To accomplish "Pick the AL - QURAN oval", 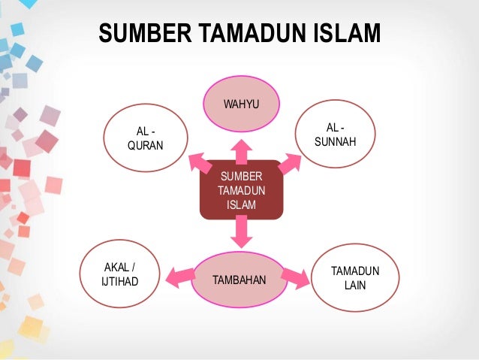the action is tap(145, 140).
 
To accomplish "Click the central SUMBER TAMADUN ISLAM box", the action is tap(241, 190).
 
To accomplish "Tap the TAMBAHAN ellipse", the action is tap(240, 280).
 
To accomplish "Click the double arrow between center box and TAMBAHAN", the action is tap(241, 231).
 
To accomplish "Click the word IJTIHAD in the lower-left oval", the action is tap(119, 282).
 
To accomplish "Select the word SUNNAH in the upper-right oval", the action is tap(336, 142).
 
